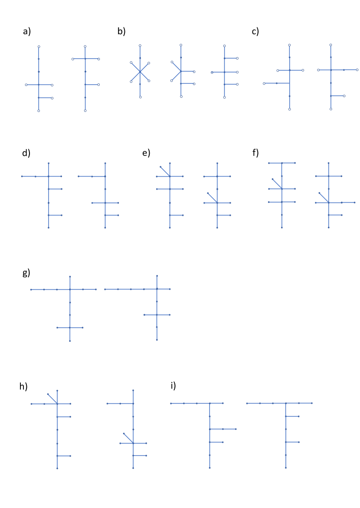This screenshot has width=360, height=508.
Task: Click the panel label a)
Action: (x=27, y=31)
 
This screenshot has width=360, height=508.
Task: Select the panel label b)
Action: (x=121, y=31)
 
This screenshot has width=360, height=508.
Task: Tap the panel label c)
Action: (x=255, y=31)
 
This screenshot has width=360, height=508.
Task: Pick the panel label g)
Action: (x=26, y=273)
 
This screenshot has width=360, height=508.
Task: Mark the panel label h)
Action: (x=23, y=387)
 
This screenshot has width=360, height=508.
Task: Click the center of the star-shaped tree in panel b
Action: (x=140, y=72)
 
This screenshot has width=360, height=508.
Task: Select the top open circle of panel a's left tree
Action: (x=39, y=46)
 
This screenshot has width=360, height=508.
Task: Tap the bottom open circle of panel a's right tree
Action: (x=85, y=111)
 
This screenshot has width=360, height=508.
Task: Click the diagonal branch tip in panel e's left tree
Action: (x=160, y=167)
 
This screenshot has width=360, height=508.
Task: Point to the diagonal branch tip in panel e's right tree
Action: (x=208, y=193)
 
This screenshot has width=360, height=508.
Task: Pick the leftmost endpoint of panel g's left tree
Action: (x=31, y=289)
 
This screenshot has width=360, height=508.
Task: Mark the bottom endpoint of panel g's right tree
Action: (x=157, y=340)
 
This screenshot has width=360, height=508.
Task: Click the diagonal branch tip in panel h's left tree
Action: (x=48, y=394)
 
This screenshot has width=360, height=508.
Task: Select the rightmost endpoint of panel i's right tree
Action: (x=312, y=403)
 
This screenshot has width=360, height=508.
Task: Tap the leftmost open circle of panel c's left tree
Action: (x=264, y=83)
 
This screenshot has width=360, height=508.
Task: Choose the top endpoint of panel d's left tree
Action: (x=49, y=163)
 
